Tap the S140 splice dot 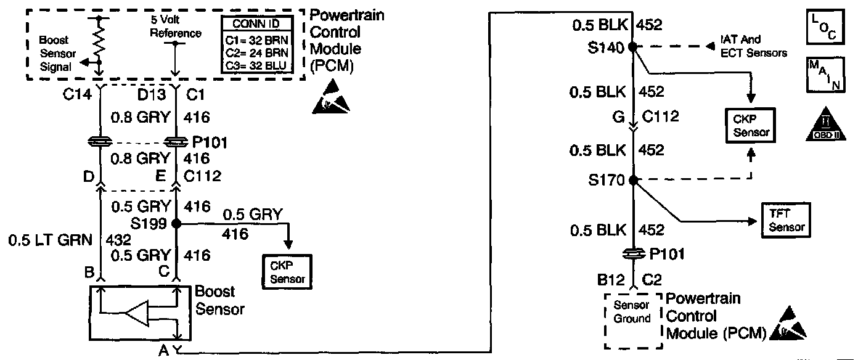point(632,47)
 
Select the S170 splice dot point(632,181)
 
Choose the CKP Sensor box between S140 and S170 point(750,125)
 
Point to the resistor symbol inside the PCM point(99,43)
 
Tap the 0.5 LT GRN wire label point(38,239)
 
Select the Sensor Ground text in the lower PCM point(632,313)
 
